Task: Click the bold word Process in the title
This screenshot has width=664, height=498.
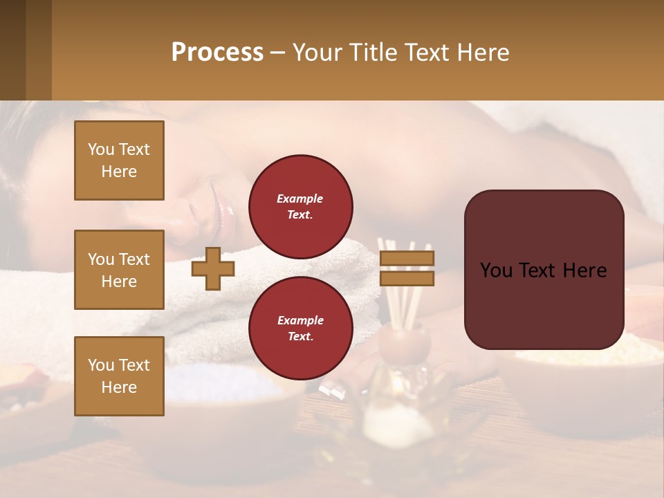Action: pyautogui.click(x=217, y=53)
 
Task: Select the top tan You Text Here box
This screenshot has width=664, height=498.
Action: pyautogui.click(x=119, y=160)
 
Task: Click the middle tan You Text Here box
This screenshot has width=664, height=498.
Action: pyautogui.click(x=119, y=270)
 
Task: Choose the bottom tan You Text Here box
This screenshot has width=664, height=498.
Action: pyautogui.click(x=119, y=376)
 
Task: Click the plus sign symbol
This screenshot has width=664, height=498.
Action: pyautogui.click(x=212, y=268)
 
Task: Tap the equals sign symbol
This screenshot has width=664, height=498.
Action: pyautogui.click(x=407, y=268)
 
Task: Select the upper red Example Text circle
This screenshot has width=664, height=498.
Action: pyautogui.click(x=300, y=207)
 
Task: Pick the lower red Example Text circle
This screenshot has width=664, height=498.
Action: pyautogui.click(x=300, y=329)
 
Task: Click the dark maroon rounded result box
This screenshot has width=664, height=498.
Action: pyautogui.click(x=544, y=269)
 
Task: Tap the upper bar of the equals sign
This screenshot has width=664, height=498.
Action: pyautogui.click(x=407, y=259)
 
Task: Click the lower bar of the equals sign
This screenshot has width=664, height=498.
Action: pyautogui.click(x=407, y=278)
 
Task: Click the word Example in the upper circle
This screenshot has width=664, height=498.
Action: pyautogui.click(x=300, y=199)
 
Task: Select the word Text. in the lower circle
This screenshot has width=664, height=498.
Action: pyautogui.click(x=300, y=337)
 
